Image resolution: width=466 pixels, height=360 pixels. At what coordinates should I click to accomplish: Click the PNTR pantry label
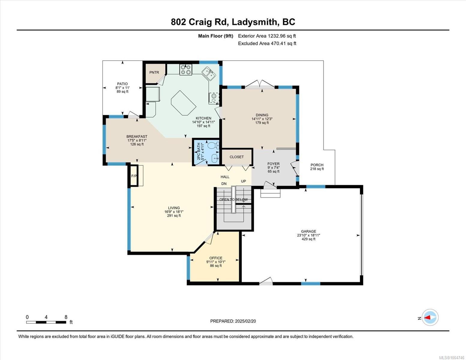click(x=154, y=73)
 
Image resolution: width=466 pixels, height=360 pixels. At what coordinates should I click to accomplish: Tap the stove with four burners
click(x=186, y=70)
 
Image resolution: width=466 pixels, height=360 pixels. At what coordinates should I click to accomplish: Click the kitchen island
click(x=184, y=103)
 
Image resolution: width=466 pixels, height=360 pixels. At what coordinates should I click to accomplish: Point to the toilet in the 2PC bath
click(x=213, y=145)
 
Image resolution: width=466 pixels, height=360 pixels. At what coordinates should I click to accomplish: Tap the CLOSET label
click(x=236, y=157)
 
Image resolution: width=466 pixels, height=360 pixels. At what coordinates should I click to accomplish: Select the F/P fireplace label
click(x=134, y=176)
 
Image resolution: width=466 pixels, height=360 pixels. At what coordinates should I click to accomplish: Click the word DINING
click(x=262, y=115)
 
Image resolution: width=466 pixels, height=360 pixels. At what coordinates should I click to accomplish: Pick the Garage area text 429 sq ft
click(x=308, y=239)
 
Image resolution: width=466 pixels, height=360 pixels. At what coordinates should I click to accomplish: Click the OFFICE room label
click(x=216, y=258)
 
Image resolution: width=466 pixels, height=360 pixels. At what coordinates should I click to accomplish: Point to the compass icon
click(x=430, y=317)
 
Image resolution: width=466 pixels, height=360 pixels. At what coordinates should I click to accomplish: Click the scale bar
click(x=46, y=322)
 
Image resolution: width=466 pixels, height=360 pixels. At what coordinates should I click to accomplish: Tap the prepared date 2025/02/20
click(x=245, y=321)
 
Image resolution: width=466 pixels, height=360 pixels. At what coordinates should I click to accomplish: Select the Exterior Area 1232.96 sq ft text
click(x=267, y=36)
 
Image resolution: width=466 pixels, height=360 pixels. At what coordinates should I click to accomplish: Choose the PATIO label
click(x=122, y=84)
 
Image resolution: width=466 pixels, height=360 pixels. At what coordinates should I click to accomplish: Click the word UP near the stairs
click(x=243, y=181)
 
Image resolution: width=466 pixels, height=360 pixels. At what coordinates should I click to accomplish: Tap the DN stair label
click(x=224, y=184)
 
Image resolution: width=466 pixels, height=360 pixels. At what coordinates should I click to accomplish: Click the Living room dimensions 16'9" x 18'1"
click(x=174, y=212)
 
